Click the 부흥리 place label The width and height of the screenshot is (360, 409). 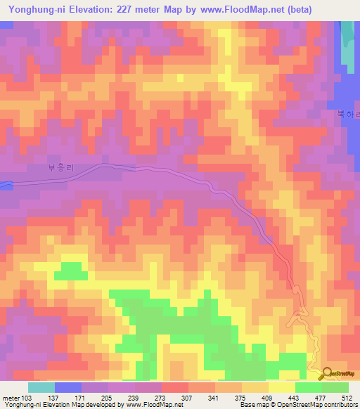tap(60, 168)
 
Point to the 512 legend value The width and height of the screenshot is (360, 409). tap(346, 398)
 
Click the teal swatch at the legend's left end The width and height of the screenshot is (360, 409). tap(41, 387)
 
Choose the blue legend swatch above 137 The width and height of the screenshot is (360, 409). tap(67, 387)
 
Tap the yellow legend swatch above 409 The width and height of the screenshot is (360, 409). tap(281, 387)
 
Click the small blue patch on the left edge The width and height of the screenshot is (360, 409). tap(5, 185)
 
